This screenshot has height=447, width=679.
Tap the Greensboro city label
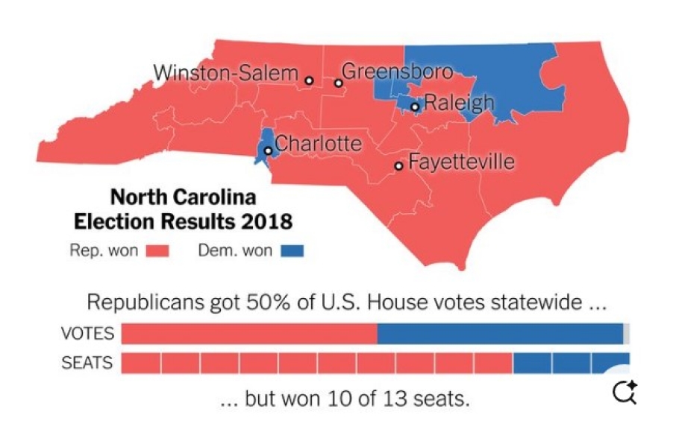click(397, 72)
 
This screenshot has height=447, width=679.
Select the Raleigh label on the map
click(459, 103)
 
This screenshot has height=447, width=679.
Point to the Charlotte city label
click(318, 144)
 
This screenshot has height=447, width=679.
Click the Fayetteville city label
click(462, 162)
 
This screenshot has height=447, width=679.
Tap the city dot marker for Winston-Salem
click(309, 80)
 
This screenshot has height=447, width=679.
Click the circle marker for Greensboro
click(338, 83)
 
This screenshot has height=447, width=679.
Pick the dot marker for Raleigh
click(415, 107)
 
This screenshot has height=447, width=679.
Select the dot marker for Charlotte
click(267, 150)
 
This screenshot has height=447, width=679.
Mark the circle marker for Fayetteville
click(399, 166)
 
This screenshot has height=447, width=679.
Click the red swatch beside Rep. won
click(157, 251)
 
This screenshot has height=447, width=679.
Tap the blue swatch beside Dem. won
click(292, 251)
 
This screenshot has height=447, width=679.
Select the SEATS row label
click(87, 363)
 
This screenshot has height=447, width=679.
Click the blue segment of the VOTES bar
click(500, 334)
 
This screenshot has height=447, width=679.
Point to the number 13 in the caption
click(403, 399)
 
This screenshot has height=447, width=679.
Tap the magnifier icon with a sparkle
click(624, 391)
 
